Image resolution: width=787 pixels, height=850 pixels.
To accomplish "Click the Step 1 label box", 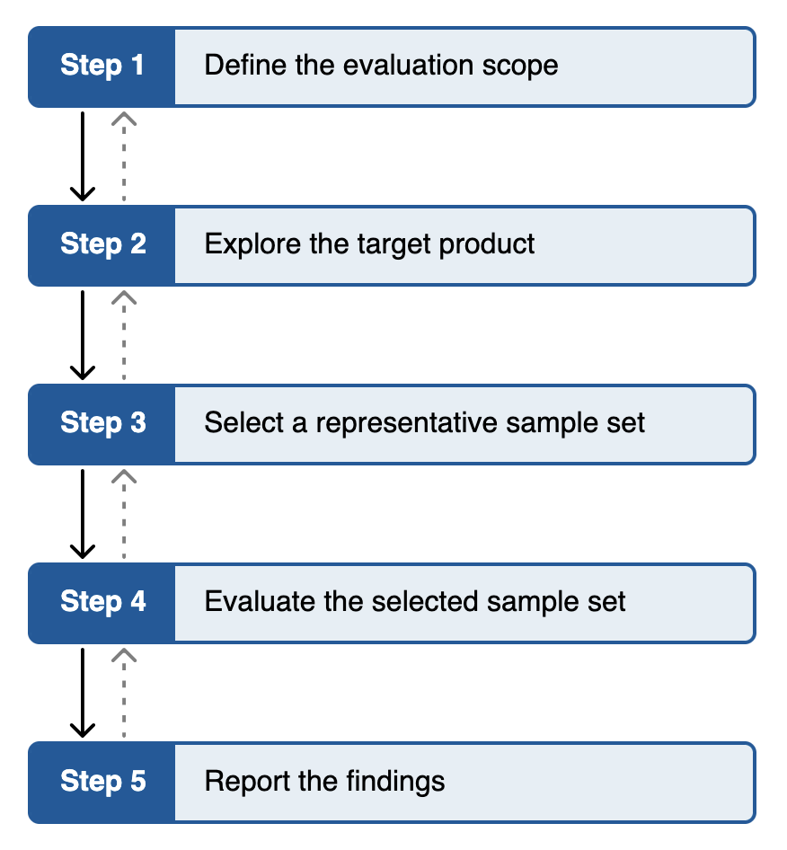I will point(102,66).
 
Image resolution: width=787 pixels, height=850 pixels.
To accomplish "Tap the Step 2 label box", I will point(102,244).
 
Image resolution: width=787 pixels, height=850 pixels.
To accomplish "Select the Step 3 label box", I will point(102,423).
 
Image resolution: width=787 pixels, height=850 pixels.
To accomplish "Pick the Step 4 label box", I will point(102,602).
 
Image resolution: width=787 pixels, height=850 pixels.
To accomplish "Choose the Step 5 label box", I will point(102,781).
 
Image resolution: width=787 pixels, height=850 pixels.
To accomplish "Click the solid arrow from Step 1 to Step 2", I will point(83,155).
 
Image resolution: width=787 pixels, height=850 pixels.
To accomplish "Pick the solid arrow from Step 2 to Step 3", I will point(83,334).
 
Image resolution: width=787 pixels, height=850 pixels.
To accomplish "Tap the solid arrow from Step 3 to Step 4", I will point(83,513).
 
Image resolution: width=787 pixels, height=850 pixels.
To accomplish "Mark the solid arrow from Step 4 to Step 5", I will point(83,692).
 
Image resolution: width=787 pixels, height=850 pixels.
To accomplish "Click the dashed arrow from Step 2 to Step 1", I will point(124,155).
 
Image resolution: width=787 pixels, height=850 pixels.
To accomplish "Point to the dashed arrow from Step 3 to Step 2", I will point(124,334).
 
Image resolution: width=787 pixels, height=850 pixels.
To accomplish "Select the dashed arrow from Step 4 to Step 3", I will point(124,513).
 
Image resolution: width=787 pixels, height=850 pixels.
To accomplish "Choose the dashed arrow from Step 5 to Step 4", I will point(124,692).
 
